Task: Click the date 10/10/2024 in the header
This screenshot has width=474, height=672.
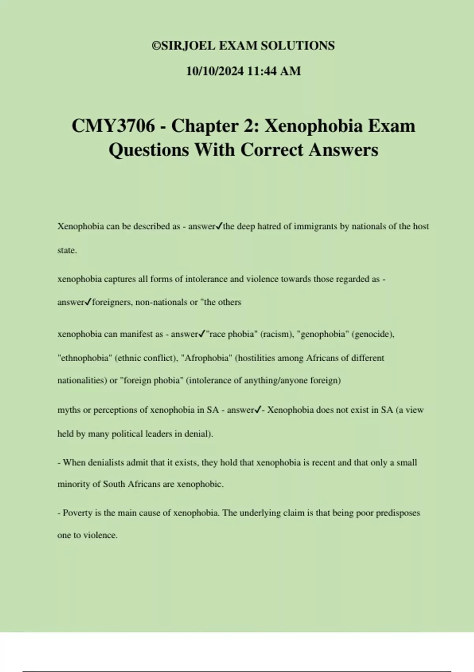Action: pos(215,71)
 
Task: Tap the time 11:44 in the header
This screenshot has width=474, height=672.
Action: pos(261,71)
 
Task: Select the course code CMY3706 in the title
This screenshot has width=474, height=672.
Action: pos(113,126)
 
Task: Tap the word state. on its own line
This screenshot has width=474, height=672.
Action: pos(67,250)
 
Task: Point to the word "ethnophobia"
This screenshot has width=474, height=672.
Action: pos(85,358)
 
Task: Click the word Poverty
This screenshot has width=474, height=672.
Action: pos(77,513)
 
